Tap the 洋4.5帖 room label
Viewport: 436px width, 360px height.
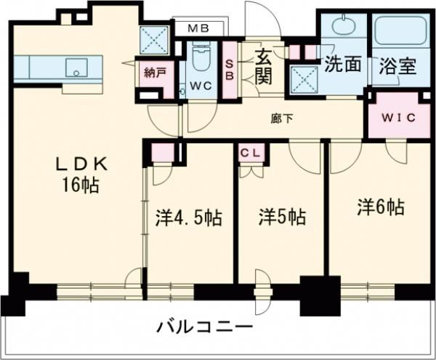188,217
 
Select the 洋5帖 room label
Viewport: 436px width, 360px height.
283,217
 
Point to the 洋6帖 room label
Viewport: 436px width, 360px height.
380,207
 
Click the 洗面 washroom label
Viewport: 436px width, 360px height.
342,64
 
